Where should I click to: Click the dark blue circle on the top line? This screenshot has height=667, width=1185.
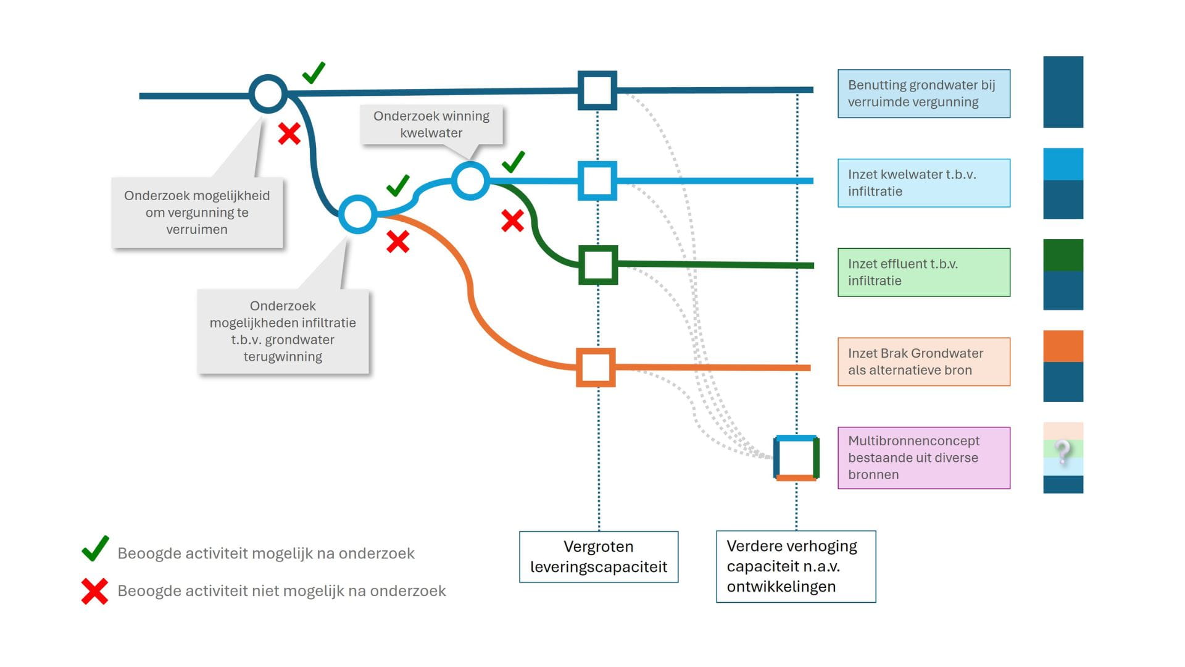268,94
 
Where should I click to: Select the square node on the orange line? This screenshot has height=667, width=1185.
596,367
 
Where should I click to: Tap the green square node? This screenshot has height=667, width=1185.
598,265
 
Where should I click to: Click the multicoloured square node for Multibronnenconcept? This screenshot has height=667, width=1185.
796,458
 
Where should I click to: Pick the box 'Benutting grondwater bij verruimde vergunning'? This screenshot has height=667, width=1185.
923,94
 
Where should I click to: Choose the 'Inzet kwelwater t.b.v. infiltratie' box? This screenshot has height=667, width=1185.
923,183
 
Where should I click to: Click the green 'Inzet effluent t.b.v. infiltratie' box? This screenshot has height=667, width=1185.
923,272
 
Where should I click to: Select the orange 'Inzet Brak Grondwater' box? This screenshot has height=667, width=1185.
923,362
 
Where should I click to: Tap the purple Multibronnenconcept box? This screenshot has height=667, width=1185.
923,458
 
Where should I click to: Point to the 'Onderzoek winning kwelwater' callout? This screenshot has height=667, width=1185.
431,125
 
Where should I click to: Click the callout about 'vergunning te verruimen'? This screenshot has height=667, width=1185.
197,212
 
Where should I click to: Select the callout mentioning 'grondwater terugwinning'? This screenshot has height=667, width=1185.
283,331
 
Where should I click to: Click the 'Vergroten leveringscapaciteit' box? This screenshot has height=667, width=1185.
599,556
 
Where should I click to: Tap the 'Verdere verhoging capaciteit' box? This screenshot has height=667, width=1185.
796,566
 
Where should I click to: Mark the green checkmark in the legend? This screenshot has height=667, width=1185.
96,548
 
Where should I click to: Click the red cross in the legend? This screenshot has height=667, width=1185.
94,591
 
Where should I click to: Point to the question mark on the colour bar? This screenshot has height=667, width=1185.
1063,452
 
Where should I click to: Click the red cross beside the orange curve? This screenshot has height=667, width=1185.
397,241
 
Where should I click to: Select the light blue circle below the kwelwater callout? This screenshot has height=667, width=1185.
470,180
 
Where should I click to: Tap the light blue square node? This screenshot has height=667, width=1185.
597,180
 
